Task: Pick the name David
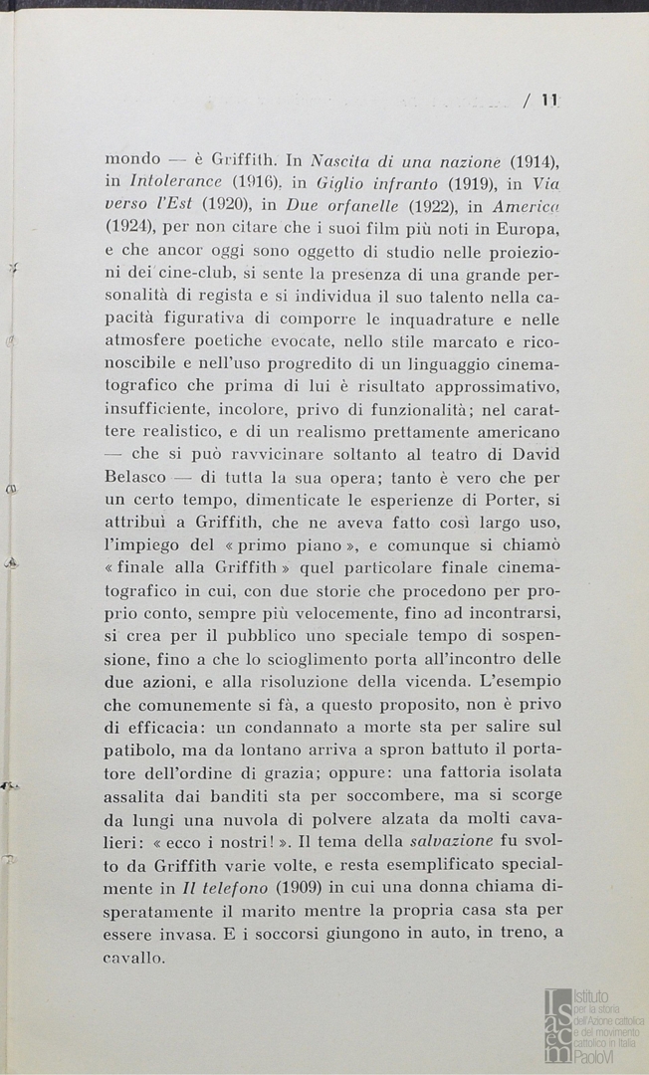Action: click(534, 456)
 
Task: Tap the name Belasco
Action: click(137, 478)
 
